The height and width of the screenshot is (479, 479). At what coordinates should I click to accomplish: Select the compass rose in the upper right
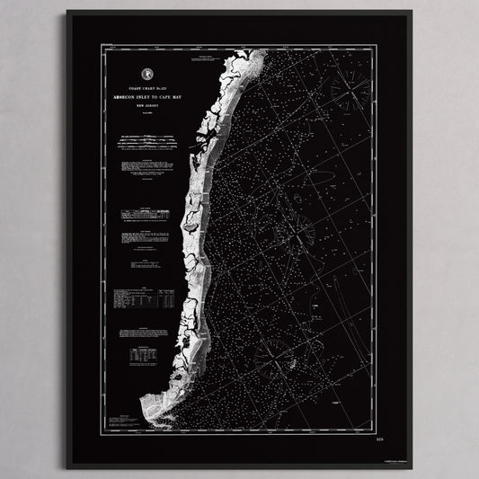pyautogui.click(x=350, y=89)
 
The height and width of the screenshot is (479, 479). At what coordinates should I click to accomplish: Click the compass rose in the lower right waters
pyautogui.click(x=267, y=352)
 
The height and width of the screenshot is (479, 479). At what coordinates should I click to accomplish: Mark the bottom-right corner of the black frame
pyautogui.click(x=412, y=467)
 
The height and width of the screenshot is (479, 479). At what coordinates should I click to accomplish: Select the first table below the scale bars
pyautogui.click(x=146, y=213)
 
